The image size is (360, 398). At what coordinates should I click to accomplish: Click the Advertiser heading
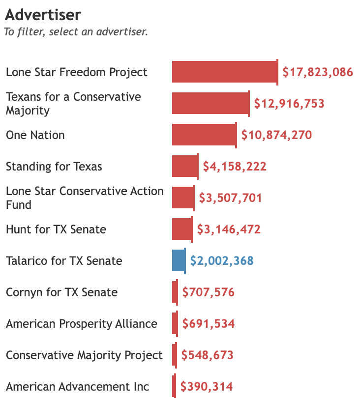tap(43, 15)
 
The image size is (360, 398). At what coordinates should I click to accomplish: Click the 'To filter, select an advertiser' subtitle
tap(76, 32)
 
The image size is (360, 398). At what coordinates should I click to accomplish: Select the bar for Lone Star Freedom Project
tap(225, 72)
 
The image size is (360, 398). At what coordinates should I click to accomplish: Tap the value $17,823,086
tap(318, 72)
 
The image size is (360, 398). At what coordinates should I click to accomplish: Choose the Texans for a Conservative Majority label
tap(73, 104)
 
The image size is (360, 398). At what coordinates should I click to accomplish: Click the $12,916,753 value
tap(289, 104)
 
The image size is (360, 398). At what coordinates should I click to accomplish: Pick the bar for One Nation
tap(204, 135)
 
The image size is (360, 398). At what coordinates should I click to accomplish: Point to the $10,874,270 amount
tap(276, 135)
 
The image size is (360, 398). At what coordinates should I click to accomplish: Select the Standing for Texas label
tap(54, 167)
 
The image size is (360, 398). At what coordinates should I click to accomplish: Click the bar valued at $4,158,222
tap(185, 167)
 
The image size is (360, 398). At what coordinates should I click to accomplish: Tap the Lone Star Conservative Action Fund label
tap(85, 198)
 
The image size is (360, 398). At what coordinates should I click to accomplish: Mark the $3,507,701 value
tap(230, 198)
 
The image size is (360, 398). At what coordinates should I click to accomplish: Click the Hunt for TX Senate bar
tap(182, 229)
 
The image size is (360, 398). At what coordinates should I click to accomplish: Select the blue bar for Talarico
tap(179, 261)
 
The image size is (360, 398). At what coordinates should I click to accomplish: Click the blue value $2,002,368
tap(222, 261)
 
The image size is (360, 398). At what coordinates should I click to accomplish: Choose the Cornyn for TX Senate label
tap(62, 292)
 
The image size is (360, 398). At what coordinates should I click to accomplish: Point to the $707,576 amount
tap(209, 292)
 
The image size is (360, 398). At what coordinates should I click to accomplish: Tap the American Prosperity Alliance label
tap(82, 324)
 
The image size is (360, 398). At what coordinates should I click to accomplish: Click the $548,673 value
tap(208, 355)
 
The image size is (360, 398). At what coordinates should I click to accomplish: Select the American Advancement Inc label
tap(78, 387)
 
